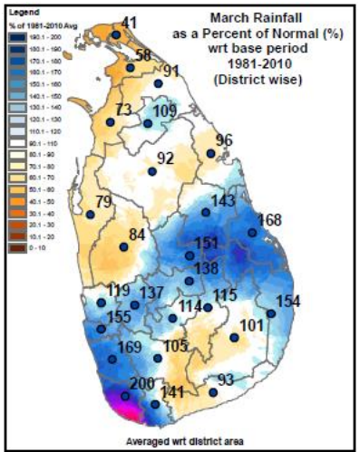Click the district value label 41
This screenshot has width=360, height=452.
130,22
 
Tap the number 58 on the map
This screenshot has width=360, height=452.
142,56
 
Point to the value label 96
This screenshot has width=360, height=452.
225,139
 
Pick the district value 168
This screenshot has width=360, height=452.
270,220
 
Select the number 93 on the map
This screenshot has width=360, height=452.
226,379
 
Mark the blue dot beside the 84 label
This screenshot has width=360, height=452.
122,246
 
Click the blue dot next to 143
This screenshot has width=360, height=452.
206,213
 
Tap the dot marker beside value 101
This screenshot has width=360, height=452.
234,338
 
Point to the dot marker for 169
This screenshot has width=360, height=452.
112,360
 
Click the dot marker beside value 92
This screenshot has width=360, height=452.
151,170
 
